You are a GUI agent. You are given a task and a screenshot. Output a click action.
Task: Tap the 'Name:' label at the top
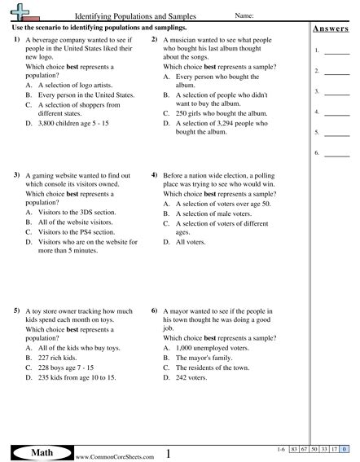[246, 15]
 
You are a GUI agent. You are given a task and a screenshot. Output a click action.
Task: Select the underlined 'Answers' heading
[331, 30]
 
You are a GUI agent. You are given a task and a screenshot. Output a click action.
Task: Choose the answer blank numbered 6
[336, 152]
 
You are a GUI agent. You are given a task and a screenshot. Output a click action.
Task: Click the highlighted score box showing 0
[345, 450]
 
